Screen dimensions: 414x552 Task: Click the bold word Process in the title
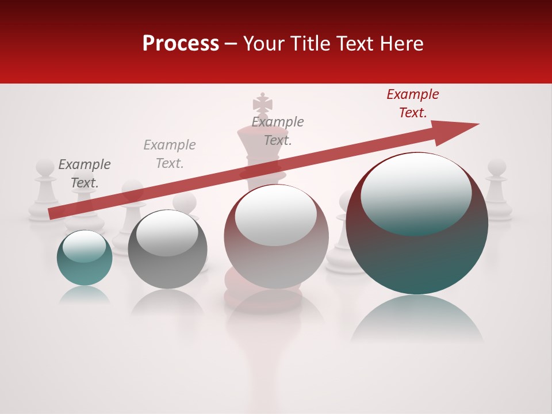point(181,44)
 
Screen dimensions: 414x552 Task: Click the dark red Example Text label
point(412,103)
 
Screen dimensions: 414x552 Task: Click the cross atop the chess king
point(263,103)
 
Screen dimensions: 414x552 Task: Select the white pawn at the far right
point(497,190)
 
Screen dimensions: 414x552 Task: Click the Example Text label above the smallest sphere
point(85,174)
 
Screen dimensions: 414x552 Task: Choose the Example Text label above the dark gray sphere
point(170,154)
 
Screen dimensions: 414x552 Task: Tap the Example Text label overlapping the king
point(278,131)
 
